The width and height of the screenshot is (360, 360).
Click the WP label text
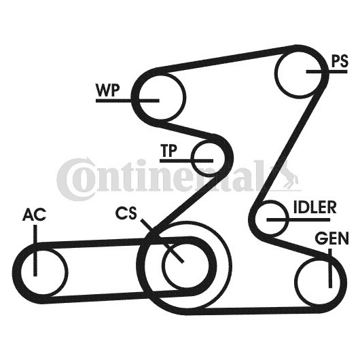point(108,90)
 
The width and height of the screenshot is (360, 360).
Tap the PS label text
point(340,62)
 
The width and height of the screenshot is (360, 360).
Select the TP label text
point(169,151)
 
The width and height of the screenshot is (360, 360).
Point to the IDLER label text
point(314,207)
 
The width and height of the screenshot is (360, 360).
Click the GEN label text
point(331,238)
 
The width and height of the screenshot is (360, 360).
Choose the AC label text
point(34,215)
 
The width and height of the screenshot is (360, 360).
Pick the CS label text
point(126,213)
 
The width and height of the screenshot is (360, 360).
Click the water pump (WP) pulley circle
point(160,98)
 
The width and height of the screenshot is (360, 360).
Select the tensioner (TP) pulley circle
point(208,158)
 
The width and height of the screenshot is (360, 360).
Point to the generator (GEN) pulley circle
point(317,281)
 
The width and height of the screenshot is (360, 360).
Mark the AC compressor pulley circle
point(43,271)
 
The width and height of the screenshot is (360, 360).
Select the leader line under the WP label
point(128,101)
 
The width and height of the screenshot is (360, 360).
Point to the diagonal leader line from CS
point(162,240)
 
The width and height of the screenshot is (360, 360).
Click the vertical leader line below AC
point(35,250)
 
